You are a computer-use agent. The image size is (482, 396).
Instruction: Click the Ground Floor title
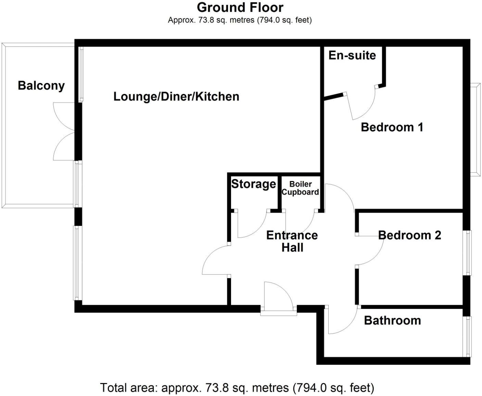pyautogui.click(x=240, y=7)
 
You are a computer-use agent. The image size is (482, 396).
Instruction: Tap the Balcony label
pyautogui.click(x=41, y=85)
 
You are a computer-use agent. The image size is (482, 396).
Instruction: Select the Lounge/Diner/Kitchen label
pyautogui.click(x=176, y=96)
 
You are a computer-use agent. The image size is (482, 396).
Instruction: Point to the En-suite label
pyautogui.click(x=352, y=55)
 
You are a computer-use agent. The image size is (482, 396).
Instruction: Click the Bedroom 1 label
pyautogui.click(x=392, y=127)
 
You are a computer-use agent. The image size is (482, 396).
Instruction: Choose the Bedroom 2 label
pyautogui.click(x=409, y=235)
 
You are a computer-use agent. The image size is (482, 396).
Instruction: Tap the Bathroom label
pyautogui.click(x=392, y=320)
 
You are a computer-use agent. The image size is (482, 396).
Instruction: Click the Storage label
pyautogui.click(x=253, y=184)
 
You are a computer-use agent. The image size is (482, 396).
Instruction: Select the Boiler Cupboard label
pyautogui.click(x=300, y=188)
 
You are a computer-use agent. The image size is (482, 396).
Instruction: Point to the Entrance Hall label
pyautogui.click(x=292, y=241)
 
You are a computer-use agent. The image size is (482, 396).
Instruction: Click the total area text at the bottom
pyautogui.click(x=237, y=388)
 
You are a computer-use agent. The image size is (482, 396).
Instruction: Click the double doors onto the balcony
pyautogui.click(x=64, y=131)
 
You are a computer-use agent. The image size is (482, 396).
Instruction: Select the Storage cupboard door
pyautogui.click(x=253, y=225)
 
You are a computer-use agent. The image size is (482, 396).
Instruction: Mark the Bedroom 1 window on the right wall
pyautogui.click(x=475, y=130)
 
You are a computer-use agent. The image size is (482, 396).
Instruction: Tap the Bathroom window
pyautogui.click(x=467, y=336)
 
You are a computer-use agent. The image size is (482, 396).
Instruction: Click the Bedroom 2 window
pyautogui.click(x=467, y=252)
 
